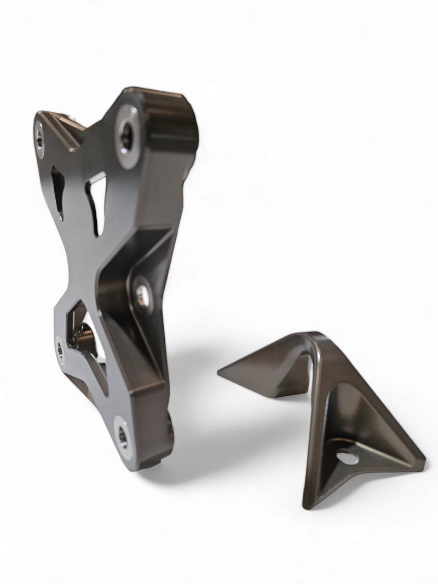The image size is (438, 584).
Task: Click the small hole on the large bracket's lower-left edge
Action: coord(60,349)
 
